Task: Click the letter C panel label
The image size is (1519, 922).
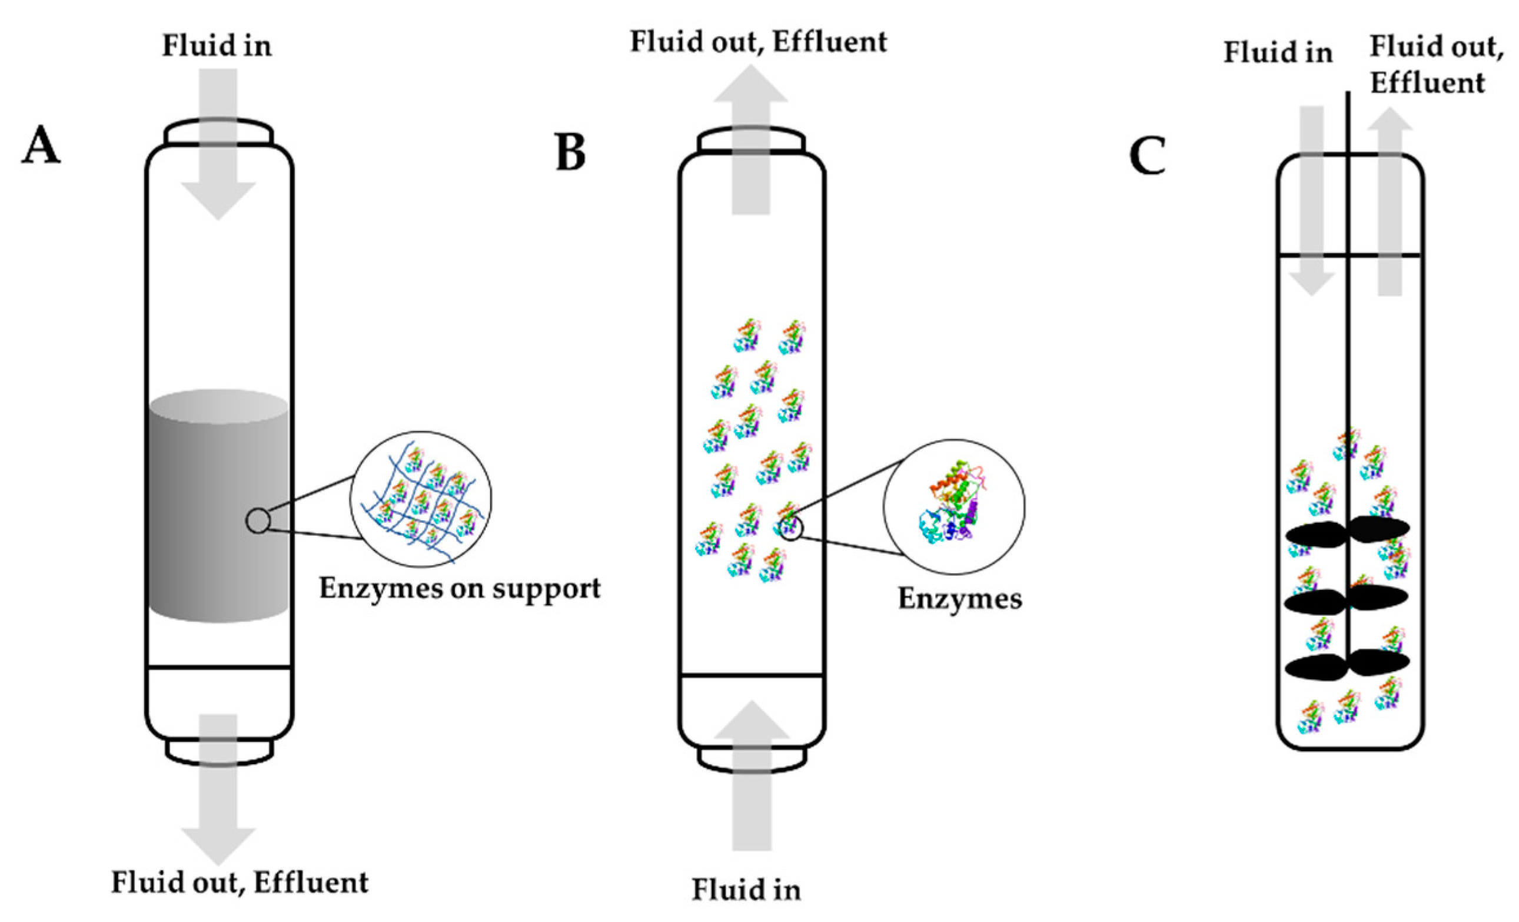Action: [1147, 156]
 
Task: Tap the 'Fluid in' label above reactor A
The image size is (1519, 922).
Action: [217, 47]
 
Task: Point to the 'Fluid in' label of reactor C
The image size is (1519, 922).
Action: [1278, 52]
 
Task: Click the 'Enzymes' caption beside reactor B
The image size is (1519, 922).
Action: [959, 598]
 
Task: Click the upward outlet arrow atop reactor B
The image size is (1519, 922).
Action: [751, 142]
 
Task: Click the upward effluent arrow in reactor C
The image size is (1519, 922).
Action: [1390, 204]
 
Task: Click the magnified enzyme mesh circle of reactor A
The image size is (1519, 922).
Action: [421, 499]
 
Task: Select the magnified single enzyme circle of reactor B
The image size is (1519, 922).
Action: [953, 506]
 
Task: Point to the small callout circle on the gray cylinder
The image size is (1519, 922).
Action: [258, 520]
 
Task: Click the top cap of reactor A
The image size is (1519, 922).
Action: [218, 132]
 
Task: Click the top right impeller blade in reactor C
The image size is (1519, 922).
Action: [1380, 528]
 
